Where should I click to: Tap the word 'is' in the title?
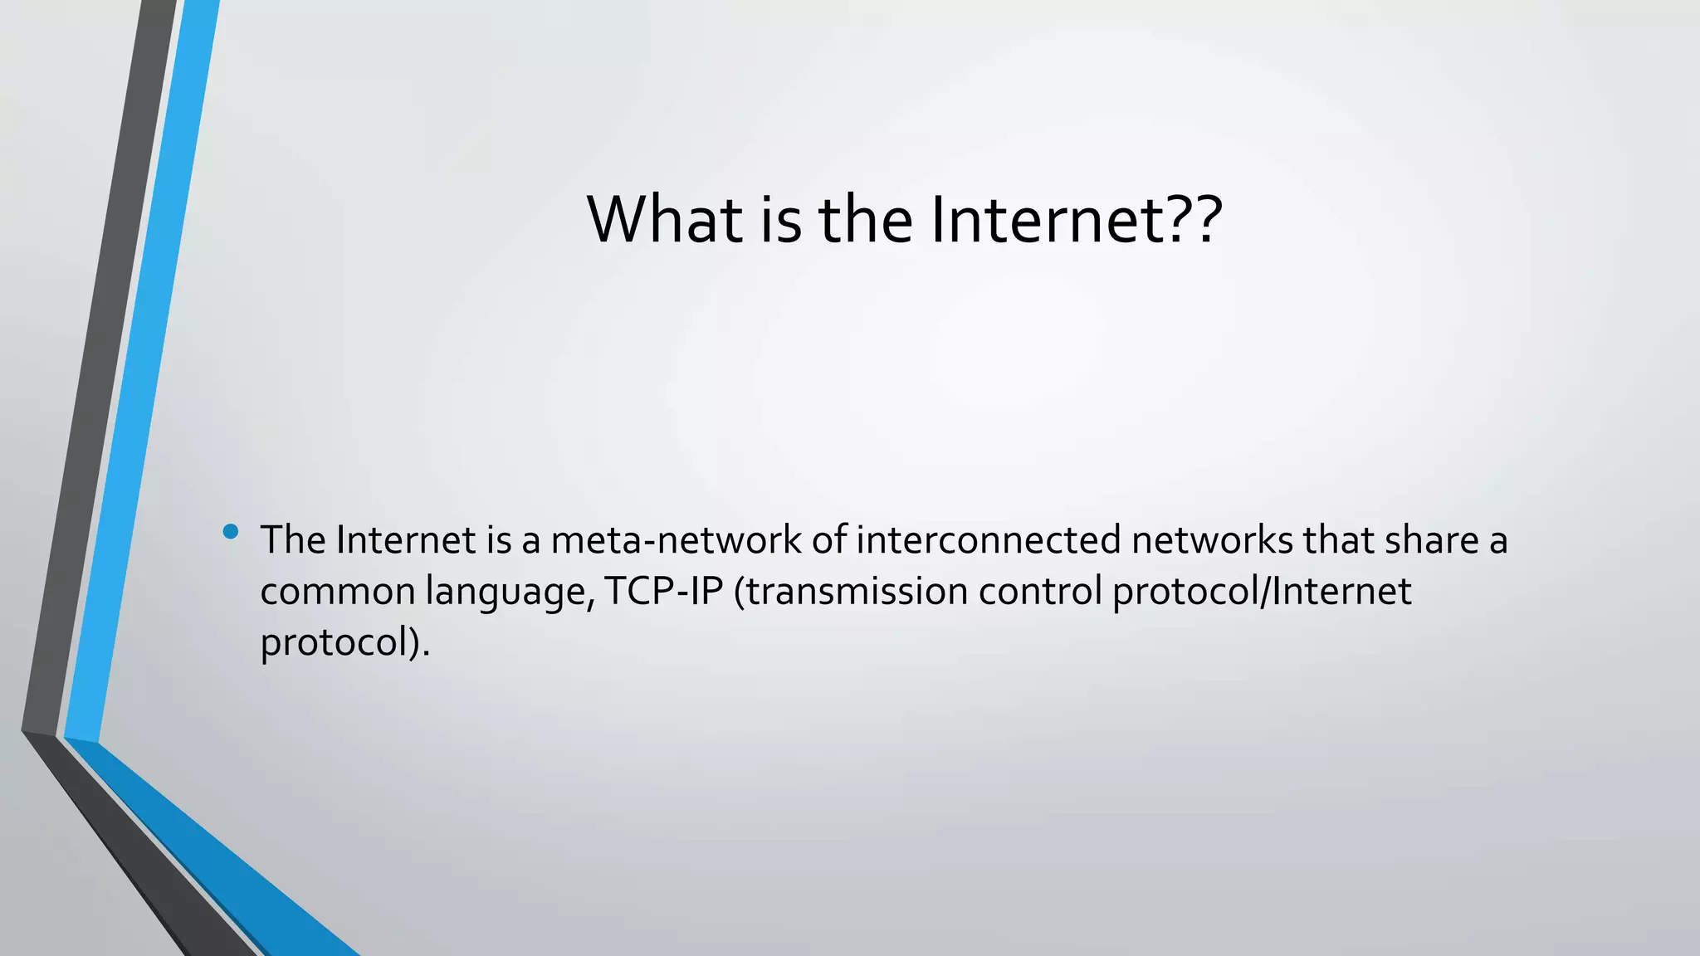pos(780,220)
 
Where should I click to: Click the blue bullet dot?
pos(231,531)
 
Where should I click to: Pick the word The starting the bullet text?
pos(293,540)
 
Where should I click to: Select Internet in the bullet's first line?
pos(406,540)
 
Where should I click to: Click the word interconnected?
pos(989,540)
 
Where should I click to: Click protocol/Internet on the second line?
pos(1262,592)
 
